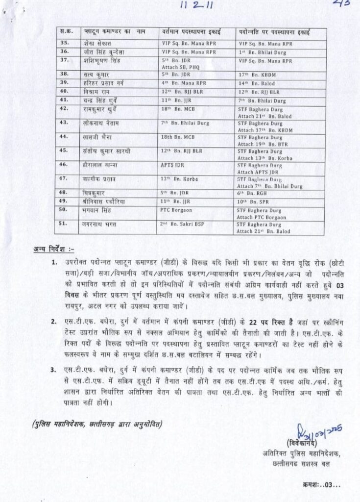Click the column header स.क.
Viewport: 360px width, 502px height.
point(63,32)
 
